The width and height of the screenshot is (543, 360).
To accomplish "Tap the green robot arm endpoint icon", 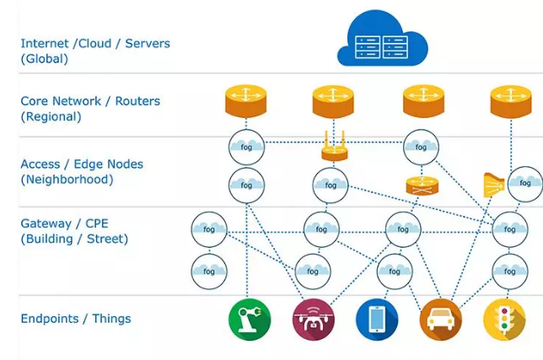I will point(249,320).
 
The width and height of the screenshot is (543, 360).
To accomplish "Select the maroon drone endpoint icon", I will point(313,320).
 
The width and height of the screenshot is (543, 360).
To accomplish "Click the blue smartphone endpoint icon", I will point(376,320).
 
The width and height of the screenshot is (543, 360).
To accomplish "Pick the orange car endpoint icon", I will point(440,320).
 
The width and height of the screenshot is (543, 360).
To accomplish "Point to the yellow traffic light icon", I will point(504,320).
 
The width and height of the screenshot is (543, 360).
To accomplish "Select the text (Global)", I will point(44,59).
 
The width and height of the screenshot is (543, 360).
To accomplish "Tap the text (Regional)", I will point(51,117).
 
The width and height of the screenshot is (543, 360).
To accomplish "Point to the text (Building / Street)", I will point(74,239).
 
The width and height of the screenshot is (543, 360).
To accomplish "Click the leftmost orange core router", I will point(246,101).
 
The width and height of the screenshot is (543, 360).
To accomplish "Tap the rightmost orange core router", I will point(511,101).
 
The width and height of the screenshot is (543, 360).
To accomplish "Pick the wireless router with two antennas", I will point(335,149).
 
